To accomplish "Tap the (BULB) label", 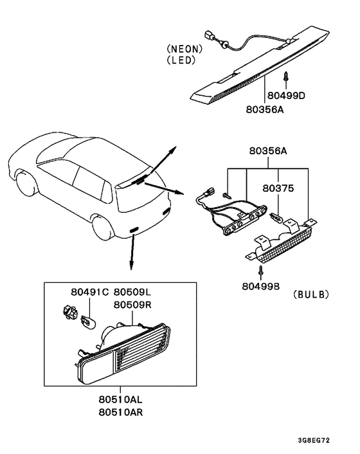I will point(310,295).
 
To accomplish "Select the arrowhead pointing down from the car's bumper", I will point(131,266).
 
